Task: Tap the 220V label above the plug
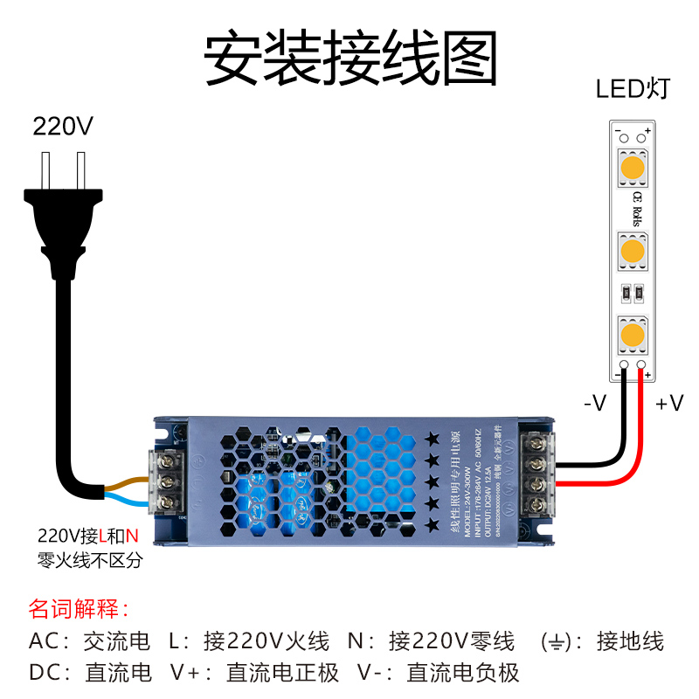pos(62,127)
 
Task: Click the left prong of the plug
pos(46,168)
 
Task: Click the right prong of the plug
pos(81,168)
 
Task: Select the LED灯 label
pos(633,89)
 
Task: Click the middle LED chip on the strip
pos(632,253)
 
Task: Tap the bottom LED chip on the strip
pos(632,334)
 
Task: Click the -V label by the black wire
pos(594,404)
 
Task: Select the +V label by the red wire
pos(669,404)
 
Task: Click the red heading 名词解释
pos(79,608)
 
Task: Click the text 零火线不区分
pos(89,560)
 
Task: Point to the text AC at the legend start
pos(45,641)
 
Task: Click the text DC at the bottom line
pos(45,673)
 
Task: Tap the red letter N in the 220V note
pos(133,536)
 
